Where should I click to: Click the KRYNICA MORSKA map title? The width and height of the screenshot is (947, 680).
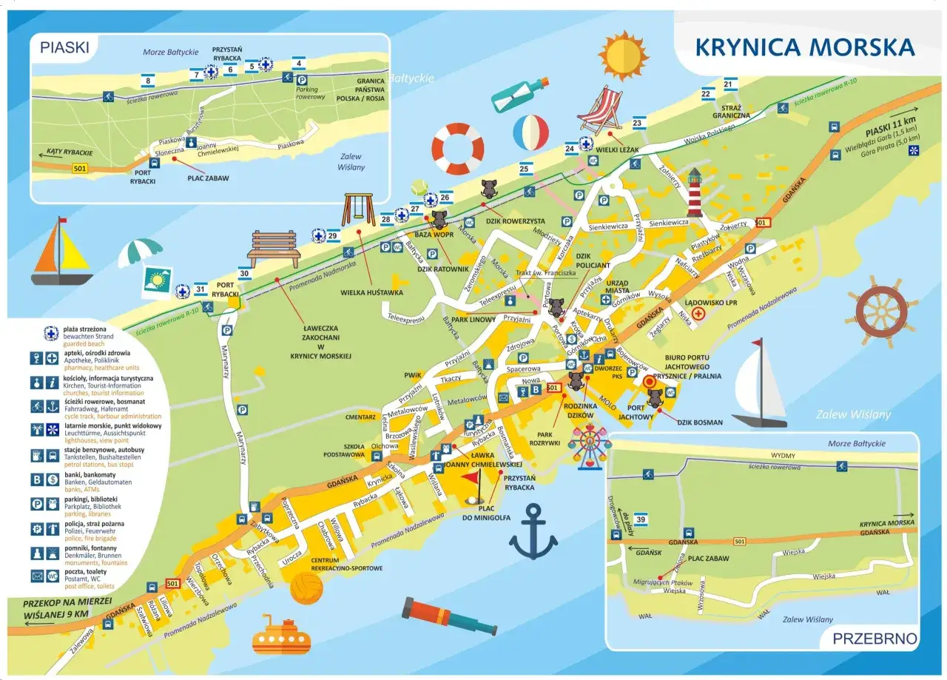805,47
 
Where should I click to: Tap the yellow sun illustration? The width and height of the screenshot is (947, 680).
623,55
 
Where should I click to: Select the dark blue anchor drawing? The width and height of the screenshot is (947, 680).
533,531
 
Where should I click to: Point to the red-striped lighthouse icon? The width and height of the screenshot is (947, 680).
694,191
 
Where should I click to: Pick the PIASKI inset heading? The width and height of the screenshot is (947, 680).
65,49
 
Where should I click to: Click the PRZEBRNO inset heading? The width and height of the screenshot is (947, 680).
874,639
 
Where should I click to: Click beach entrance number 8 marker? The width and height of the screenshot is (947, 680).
149,81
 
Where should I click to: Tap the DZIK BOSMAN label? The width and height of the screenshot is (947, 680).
699,423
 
